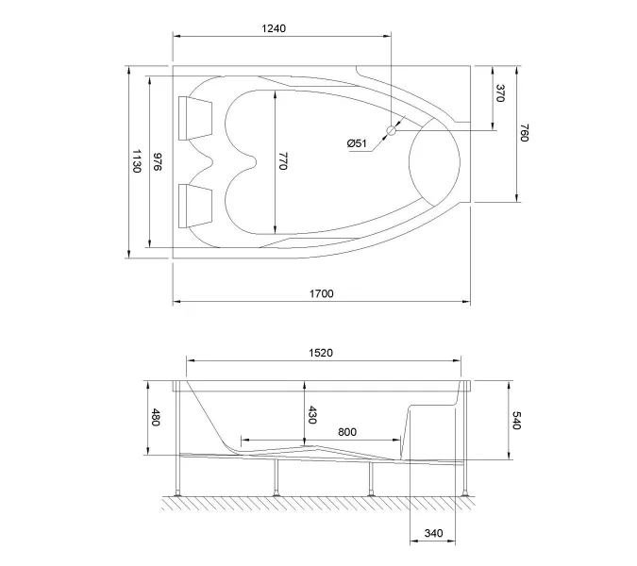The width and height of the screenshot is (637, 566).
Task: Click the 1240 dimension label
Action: [x=273, y=28]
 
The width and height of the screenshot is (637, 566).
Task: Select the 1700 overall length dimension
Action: [x=321, y=293]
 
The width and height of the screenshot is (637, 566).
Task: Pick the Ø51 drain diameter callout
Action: [x=357, y=143]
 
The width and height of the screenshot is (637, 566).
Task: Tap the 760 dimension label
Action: [x=524, y=133]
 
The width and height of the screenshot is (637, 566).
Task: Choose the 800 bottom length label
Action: [x=346, y=432]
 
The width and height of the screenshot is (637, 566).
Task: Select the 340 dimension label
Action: [x=433, y=534]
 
